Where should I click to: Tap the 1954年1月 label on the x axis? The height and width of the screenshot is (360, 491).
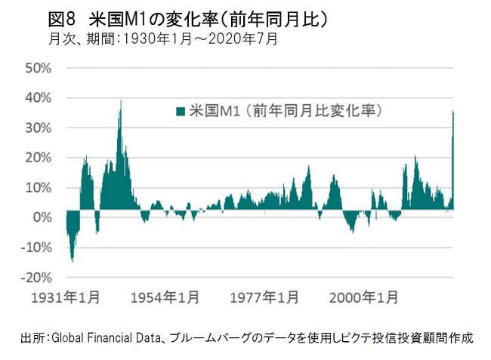point(165,297)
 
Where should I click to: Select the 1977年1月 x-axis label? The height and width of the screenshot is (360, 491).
point(264,297)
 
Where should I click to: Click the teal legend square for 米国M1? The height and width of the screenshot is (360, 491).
point(180,112)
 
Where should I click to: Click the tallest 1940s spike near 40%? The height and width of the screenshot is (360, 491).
point(120,102)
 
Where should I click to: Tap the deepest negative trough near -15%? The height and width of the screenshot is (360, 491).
point(73,260)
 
